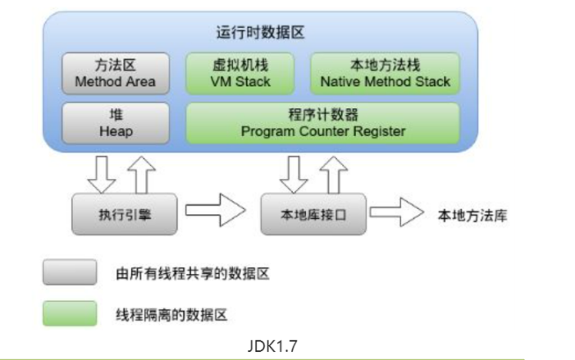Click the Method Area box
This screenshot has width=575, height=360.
coord(115,73)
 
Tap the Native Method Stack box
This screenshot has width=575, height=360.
coord(385,73)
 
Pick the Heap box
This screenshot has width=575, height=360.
coord(115,122)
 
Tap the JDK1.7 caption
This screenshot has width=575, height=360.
coord(271,345)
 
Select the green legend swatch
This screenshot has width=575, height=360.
coord(69,312)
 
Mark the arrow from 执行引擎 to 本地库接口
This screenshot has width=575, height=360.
coord(215,212)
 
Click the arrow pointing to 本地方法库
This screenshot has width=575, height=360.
coord(393,212)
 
